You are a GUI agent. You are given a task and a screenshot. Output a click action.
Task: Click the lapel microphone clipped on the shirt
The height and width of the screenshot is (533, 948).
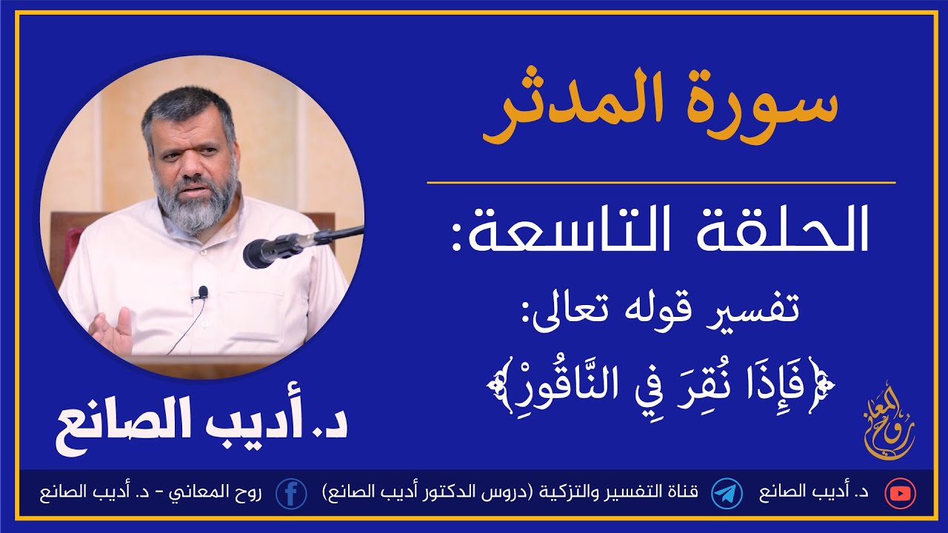point(203,293)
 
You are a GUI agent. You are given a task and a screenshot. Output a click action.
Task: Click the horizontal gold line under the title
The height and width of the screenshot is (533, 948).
point(661,182)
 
